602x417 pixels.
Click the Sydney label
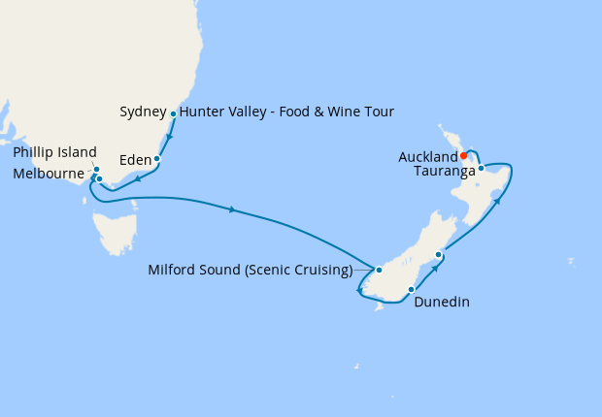[144, 112]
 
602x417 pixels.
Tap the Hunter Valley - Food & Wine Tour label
[286, 112]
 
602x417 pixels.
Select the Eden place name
[134, 158]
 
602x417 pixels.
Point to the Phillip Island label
[55, 152]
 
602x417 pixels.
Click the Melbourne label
[50, 174]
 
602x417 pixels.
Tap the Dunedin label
[442, 302]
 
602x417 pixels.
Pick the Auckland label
[427, 156]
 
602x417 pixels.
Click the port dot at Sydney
[174, 114]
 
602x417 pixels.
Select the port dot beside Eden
[156, 158]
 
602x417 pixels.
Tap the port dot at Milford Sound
[380, 270]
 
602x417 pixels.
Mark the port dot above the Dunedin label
[412, 289]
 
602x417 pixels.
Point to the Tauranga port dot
[481, 168]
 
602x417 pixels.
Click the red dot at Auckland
[464, 155]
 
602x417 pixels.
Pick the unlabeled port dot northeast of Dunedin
[439, 255]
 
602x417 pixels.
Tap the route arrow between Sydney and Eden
[168, 136]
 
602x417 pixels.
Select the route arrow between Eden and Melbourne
[139, 178]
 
